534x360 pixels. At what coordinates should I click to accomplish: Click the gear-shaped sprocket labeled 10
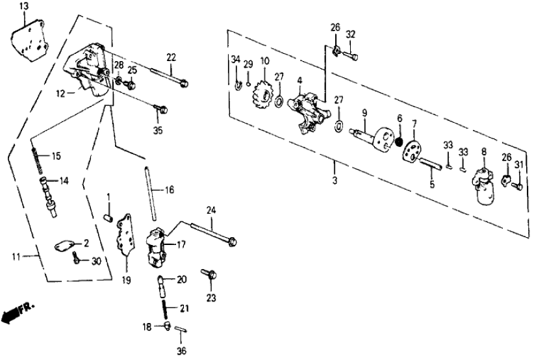coord(265,88)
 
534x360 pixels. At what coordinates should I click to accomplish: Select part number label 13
coord(24,6)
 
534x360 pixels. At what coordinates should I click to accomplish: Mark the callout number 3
coord(334,179)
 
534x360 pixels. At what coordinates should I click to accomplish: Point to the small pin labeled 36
coord(183,330)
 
